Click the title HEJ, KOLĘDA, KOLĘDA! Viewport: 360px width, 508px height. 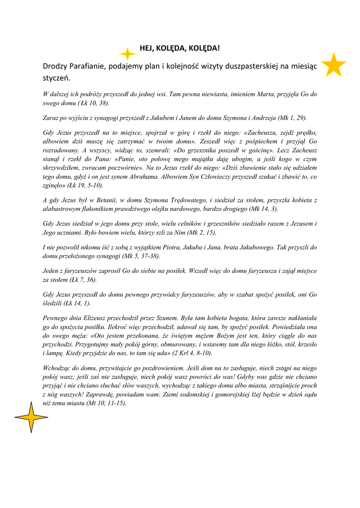click(179, 48)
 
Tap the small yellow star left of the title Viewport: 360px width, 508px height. click(128, 54)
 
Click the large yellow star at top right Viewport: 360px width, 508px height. click(333, 65)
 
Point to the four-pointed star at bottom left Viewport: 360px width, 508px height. click(31, 417)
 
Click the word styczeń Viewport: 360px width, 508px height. click(57, 78)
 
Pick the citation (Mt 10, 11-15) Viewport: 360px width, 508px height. click(106, 403)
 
